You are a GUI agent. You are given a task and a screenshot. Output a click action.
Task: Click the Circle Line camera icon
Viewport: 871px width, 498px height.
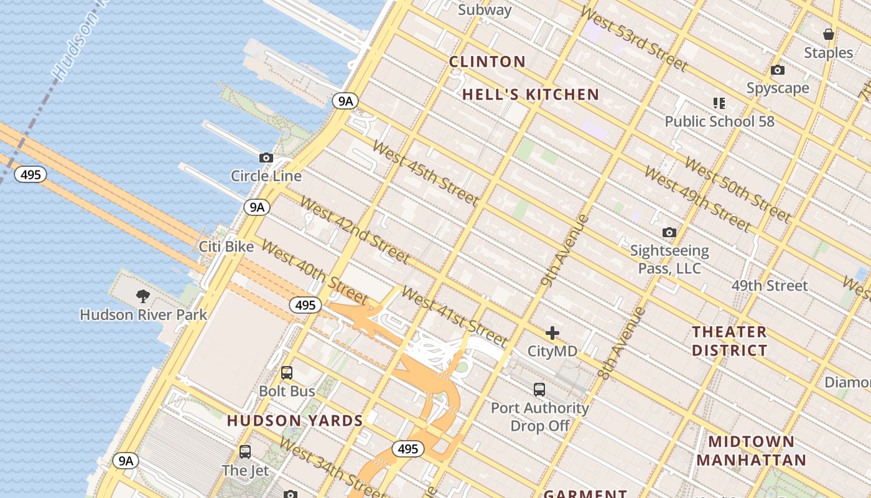tap(266, 158)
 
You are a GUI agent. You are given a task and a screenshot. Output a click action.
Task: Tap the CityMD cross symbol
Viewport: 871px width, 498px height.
tap(552, 333)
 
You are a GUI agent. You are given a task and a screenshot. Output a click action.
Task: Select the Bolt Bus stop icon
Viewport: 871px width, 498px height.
tap(286, 373)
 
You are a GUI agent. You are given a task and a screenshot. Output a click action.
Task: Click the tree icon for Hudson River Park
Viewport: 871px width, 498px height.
tap(143, 296)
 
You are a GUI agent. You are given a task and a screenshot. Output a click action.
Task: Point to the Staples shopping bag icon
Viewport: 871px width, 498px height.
tap(828, 34)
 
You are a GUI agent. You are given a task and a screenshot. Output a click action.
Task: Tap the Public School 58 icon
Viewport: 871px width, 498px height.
tap(719, 103)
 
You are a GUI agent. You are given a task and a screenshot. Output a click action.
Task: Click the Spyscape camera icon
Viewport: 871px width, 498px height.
tap(778, 70)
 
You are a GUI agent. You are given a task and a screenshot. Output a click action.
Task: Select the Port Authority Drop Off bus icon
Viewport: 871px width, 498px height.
tap(539, 390)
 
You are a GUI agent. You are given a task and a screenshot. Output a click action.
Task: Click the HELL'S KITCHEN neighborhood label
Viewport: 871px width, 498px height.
tap(531, 95)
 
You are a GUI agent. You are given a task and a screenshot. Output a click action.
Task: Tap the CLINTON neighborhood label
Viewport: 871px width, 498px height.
tap(487, 62)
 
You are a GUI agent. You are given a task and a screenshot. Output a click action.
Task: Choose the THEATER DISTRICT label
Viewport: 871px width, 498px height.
tap(729, 341)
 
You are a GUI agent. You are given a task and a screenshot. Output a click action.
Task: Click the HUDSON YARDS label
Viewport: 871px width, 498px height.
tap(295, 421)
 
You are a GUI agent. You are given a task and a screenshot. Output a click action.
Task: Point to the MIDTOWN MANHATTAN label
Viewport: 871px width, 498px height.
tap(751, 451)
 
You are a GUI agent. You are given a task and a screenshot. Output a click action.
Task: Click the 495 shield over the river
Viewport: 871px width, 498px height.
tap(30, 175)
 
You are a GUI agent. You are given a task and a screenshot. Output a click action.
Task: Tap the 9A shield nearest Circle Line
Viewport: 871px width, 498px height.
tap(256, 207)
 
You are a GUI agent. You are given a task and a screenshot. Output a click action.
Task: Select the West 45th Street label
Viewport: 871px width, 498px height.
tap(426, 174)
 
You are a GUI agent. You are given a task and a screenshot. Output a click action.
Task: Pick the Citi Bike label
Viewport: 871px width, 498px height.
tap(226, 247)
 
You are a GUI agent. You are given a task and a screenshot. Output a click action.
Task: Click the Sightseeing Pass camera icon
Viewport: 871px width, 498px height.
tap(669, 233)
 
